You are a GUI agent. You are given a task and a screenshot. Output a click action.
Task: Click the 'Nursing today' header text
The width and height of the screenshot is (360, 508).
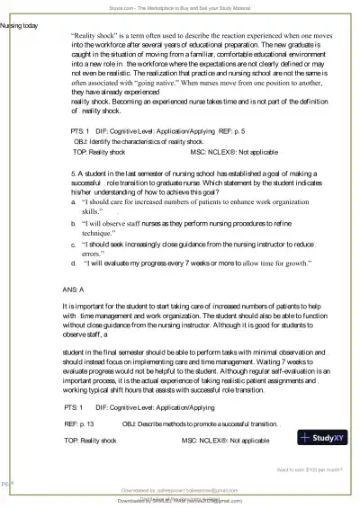pyautogui.click(x=20, y=25)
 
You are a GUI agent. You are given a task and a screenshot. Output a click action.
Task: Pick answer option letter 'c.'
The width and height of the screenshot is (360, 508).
pyautogui.click(x=74, y=244)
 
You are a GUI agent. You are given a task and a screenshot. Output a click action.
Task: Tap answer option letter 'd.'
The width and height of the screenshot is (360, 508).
pyautogui.click(x=73, y=263)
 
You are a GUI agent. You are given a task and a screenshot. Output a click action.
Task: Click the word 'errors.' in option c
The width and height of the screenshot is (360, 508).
pyautogui.click(x=94, y=253)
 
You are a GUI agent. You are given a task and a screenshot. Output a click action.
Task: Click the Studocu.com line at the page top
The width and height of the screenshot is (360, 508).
pyautogui.click(x=180, y=5)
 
